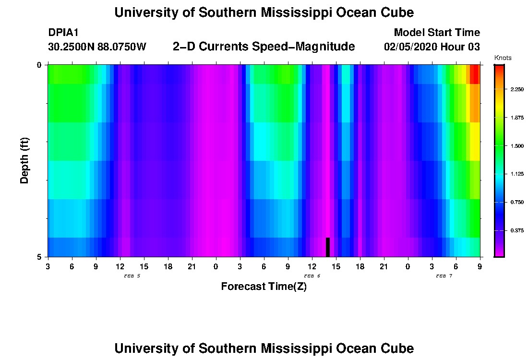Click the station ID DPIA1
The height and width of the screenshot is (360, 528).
pyautogui.click(x=63, y=33)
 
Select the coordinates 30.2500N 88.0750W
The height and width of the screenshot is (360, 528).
pyautogui.click(x=97, y=47)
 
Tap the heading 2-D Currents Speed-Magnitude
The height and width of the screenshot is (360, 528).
pyautogui.click(x=264, y=47)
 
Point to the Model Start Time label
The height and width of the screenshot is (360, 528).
pyautogui.click(x=436, y=33)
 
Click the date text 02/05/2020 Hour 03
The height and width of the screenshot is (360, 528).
pyautogui.click(x=432, y=47)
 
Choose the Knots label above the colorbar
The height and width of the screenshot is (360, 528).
pyautogui.click(x=503, y=58)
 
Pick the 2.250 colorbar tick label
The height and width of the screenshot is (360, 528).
pyautogui.click(x=516, y=90)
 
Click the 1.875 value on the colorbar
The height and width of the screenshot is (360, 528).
pyautogui.click(x=516, y=118)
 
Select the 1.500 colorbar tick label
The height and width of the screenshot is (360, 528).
pyautogui.click(x=516, y=146)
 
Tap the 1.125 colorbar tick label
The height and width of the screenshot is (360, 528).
pyautogui.click(x=516, y=174)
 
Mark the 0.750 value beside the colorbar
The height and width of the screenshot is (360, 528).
pyautogui.click(x=516, y=202)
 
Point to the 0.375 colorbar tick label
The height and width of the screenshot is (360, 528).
pyautogui.click(x=516, y=230)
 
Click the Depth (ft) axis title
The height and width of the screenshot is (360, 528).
pyautogui.click(x=25, y=160)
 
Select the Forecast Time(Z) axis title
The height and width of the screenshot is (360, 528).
pyautogui.click(x=264, y=287)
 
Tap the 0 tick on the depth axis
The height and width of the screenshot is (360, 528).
pyautogui.click(x=39, y=65)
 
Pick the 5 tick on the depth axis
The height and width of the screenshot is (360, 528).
pyautogui.click(x=39, y=257)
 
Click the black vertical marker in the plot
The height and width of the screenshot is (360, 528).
pyautogui.click(x=328, y=247)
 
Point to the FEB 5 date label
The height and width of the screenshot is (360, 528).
pyautogui.click(x=132, y=276)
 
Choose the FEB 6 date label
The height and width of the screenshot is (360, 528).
pyautogui.click(x=312, y=276)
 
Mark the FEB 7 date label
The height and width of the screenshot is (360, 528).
pyautogui.click(x=444, y=276)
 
